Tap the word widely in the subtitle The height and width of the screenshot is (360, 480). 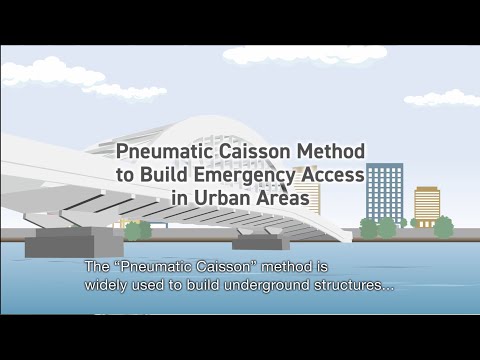pyautogui.click(x=105, y=284)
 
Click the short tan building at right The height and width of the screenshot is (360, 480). pyautogui.click(x=427, y=205)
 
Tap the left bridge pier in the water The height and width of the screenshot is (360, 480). pyautogui.click(x=60, y=242)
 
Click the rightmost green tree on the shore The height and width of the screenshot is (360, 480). pyautogui.click(x=443, y=227)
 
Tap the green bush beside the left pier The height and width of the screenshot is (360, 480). pyautogui.click(x=137, y=230)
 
